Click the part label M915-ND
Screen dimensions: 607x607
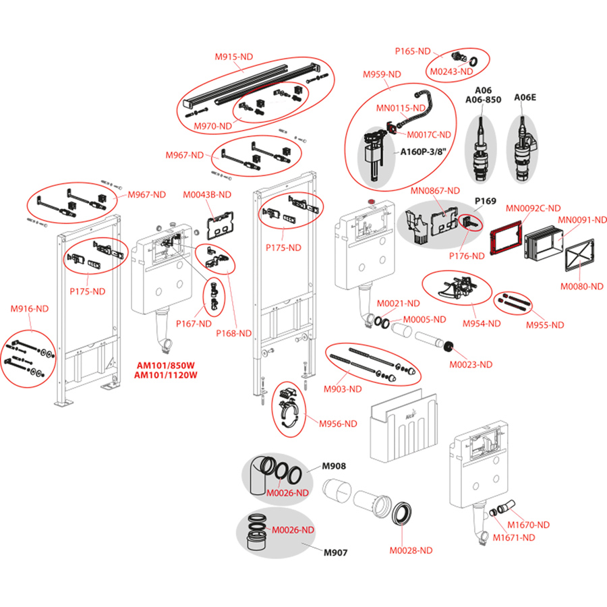(x=234, y=57)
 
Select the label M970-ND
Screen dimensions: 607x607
(x=213, y=125)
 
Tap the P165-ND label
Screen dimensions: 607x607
(x=412, y=51)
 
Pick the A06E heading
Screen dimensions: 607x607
(x=525, y=97)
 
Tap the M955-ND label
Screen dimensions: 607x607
(x=544, y=324)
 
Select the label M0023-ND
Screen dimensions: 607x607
(x=471, y=364)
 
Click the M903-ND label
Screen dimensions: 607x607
(x=343, y=388)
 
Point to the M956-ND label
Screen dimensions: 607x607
(x=338, y=424)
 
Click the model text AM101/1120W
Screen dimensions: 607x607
(x=165, y=376)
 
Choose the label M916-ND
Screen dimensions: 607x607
(x=30, y=308)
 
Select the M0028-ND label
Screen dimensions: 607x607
(x=411, y=550)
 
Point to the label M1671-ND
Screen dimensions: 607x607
(x=514, y=537)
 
